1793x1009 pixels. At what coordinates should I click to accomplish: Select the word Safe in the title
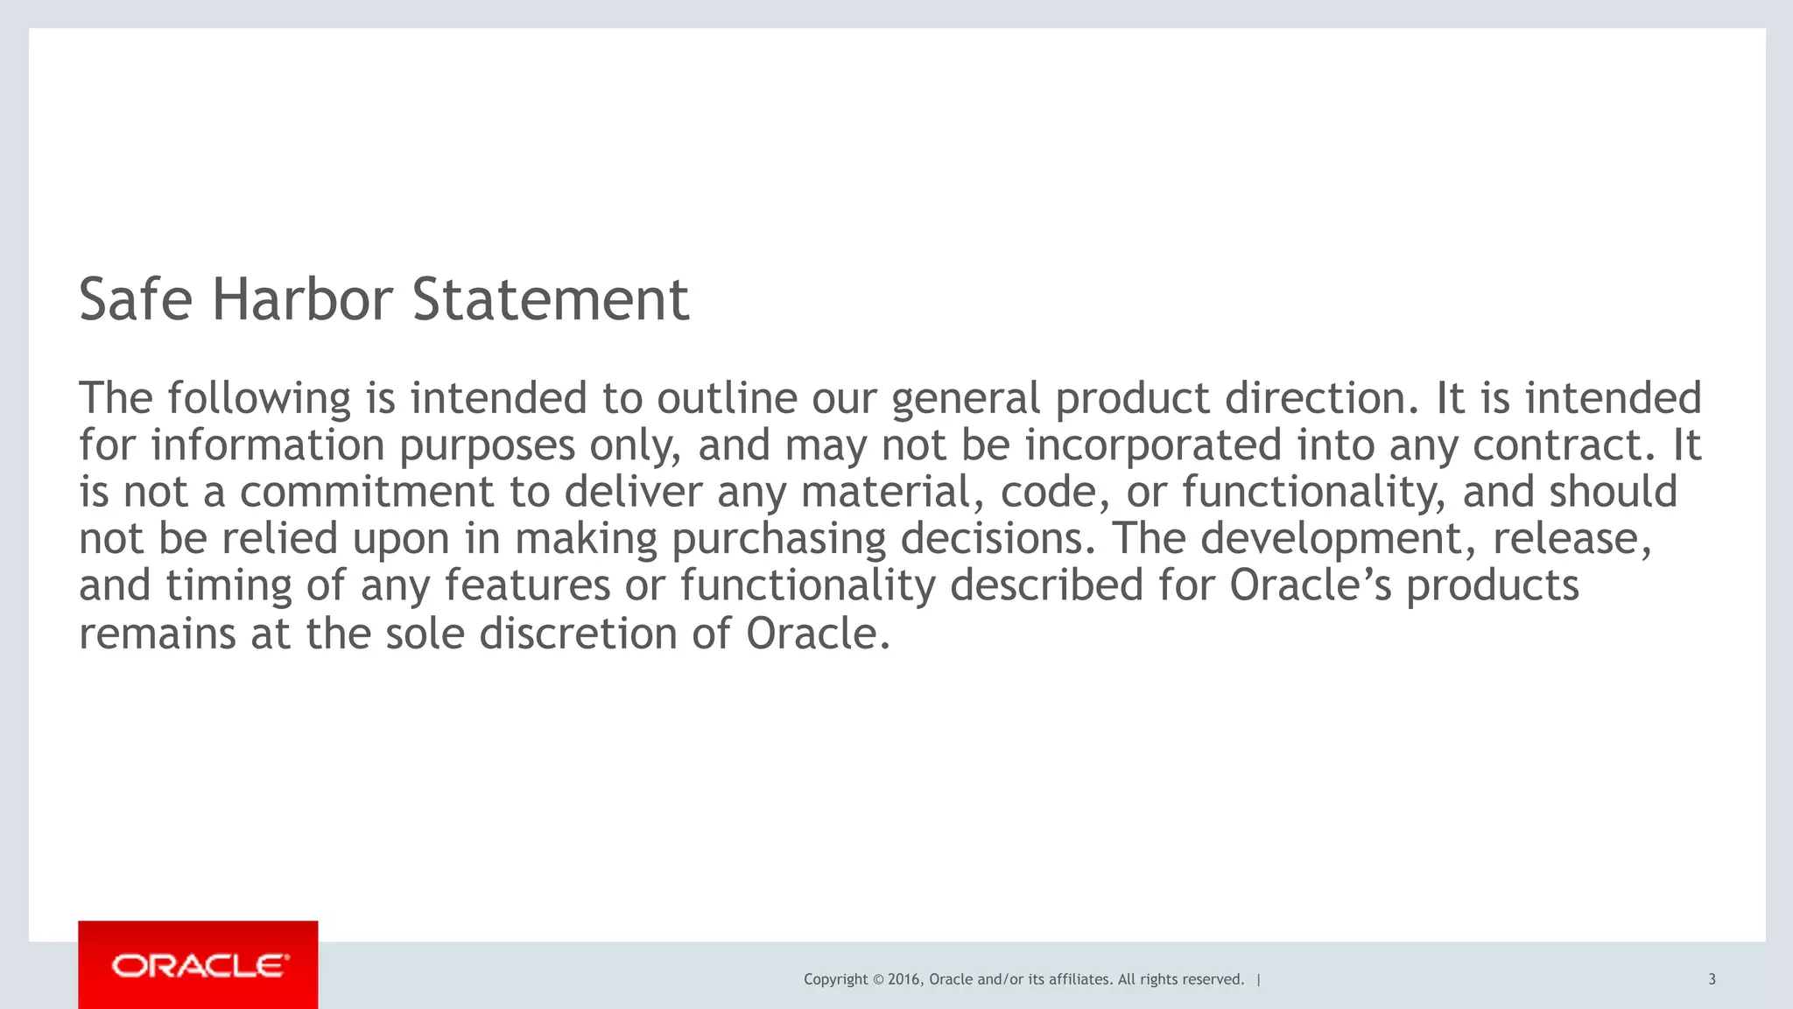(x=135, y=300)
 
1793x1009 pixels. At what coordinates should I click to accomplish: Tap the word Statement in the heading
(x=551, y=300)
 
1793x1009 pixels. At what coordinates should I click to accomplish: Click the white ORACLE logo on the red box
(x=200, y=966)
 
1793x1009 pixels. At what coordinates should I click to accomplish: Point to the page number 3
(x=1712, y=979)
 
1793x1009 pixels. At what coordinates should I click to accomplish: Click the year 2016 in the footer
(x=904, y=979)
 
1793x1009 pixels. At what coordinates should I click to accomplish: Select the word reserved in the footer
(x=1213, y=979)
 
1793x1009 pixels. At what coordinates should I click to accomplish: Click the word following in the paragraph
(x=259, y=399)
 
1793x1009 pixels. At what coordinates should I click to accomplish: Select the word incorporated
(x=1153, y=445)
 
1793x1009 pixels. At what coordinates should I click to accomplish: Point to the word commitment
(x=367, y=492)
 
